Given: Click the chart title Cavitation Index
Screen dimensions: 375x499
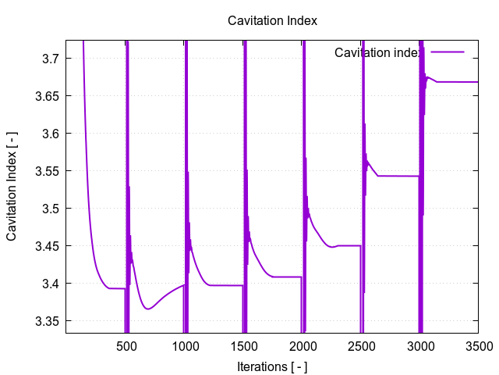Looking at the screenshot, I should coord(272,20).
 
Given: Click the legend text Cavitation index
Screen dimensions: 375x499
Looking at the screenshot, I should coord(378,52).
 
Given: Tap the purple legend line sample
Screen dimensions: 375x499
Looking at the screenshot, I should coord(447,52).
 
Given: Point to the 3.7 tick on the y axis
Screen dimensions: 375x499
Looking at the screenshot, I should coord(51,59).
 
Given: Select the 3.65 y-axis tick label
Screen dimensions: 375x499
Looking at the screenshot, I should coord(48,96).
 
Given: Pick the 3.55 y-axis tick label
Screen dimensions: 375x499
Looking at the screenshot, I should coord(48,171).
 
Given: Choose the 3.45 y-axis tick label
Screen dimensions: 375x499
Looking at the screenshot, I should coord(48,246).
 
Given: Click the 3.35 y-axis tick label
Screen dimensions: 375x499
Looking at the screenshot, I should coord(48,321).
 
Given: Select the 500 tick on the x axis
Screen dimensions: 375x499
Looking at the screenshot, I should coord(126,346).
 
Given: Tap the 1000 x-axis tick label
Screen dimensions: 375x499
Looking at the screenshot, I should coord(185,346).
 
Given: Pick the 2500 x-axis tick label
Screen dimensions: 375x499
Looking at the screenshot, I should coord(361,346).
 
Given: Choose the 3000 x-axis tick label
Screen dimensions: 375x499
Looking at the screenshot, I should coord(419,346).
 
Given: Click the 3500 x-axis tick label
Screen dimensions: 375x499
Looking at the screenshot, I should coord(478,346).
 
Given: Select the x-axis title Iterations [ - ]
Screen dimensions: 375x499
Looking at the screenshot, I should coord(272,365).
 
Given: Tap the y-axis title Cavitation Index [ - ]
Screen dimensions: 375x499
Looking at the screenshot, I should coord(12,185).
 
